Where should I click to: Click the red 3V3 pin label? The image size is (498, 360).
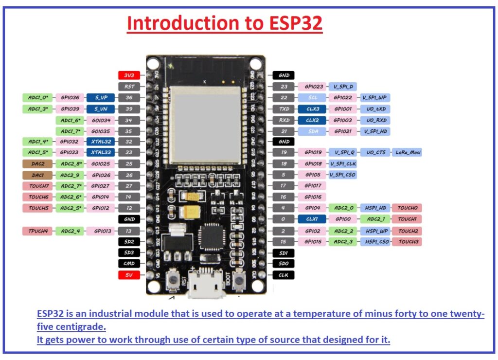(x=129, y=75)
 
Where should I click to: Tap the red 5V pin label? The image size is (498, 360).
(x=129, y=275)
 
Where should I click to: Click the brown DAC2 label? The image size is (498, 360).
(x=38, y=164)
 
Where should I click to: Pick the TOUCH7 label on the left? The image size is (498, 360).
(x=38, y=186)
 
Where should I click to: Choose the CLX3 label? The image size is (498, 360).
(x=312, y=109)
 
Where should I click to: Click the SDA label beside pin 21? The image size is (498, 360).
(x=312, y=131)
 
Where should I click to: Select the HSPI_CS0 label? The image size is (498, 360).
(x=375, y=241)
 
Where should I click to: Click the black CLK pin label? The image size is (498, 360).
(x=284, y=275)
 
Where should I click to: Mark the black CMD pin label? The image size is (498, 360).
(x=129, y=264)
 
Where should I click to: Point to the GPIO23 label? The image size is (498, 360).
(x=312, y=87)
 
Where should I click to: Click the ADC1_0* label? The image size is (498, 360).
(x=38, y=98)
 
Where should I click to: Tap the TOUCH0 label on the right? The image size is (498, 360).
(x=407, y=208)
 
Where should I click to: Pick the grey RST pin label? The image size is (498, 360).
(x=129, y=87)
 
